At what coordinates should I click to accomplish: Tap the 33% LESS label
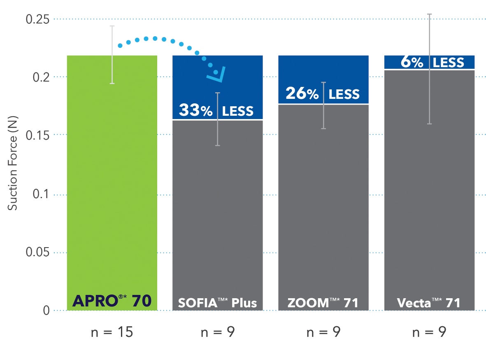[216, 110]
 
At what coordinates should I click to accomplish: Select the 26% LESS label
[323, 94]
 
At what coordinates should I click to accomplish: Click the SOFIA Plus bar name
[217, 303]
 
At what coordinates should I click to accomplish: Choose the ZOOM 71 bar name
[323, 303]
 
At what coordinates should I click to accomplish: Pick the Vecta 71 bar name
[429, 303]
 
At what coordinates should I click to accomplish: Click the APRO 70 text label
[112, 302]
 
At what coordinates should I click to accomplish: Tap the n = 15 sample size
[112, 332]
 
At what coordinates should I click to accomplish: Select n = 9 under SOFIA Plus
[217, 332]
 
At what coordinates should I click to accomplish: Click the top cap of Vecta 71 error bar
[429, 14]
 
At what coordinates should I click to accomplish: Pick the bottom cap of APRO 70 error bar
[112, 84]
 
